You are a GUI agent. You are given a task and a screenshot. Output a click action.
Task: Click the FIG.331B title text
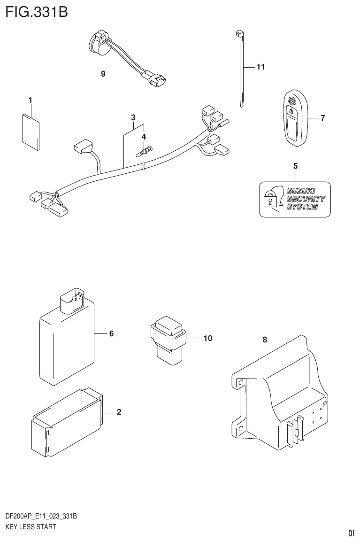tap(37, 12)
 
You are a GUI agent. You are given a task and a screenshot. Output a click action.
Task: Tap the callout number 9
tap(103, 74)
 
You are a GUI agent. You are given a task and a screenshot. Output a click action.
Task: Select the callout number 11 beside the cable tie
tap(260, 67)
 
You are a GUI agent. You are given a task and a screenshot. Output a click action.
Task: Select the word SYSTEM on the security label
tap(301, 207)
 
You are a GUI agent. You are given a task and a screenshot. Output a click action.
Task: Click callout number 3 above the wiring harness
tap(133, 117)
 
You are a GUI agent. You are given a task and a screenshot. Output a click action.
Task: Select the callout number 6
tap(111, 334)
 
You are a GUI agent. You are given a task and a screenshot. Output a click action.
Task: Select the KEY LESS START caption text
tap(31, 527)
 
